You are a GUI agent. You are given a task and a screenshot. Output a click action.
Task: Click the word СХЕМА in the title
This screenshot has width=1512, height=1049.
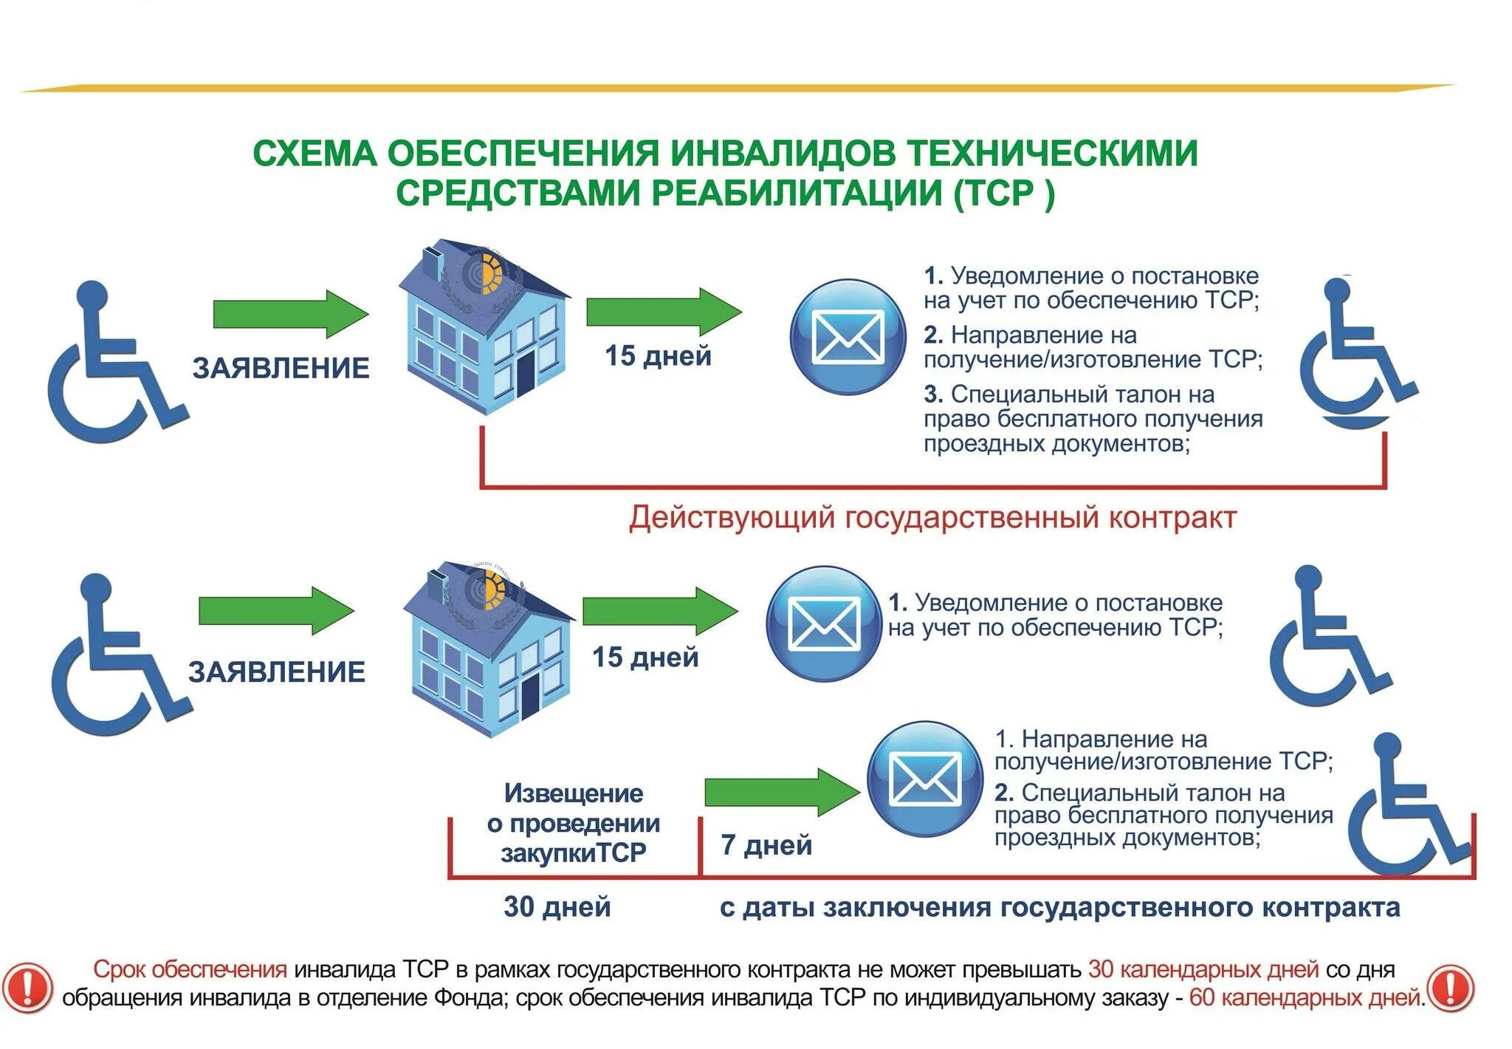(315, 154)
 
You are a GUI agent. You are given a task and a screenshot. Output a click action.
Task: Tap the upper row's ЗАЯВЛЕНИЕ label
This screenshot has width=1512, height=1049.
(281, 368)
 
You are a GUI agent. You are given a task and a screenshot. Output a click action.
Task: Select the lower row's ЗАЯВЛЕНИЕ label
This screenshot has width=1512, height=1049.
(276, 672)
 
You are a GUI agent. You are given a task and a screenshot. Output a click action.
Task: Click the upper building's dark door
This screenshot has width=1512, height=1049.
(525, 373)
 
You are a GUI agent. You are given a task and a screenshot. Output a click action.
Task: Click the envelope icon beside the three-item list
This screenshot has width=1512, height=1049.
(848, 337)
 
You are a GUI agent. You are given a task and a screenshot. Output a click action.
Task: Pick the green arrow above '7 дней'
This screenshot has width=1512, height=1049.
(782, 792)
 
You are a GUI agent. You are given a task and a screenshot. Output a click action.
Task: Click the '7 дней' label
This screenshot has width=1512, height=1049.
(766, 844)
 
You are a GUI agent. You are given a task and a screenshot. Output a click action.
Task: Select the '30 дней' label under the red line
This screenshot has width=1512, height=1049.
(557, 906)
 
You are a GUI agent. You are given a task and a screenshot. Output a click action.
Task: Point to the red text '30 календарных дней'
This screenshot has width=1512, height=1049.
(1203, 969)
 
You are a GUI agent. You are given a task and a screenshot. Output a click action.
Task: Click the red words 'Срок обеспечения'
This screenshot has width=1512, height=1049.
(190, 969)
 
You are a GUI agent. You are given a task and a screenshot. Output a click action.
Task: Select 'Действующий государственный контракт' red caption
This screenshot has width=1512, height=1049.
(932, 517)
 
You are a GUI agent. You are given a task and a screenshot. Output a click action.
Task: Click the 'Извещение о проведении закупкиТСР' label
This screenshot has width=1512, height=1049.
(573, 823)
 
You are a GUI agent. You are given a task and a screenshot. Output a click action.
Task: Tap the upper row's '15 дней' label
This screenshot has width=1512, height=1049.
(658, 356)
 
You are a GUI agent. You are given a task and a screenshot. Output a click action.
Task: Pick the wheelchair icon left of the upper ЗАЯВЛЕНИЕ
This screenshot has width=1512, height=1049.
(114, 362)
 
